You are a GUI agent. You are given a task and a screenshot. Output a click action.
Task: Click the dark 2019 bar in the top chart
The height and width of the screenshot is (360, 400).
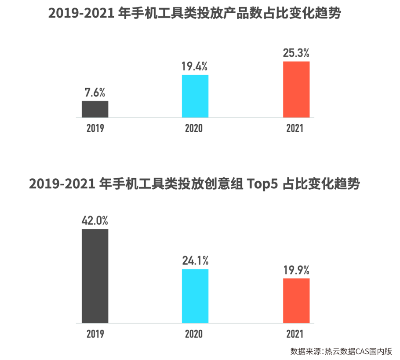95,109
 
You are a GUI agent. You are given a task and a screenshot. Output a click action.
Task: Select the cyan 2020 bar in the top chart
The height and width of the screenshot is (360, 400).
195,96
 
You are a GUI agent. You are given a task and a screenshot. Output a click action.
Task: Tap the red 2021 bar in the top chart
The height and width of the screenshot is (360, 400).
296,89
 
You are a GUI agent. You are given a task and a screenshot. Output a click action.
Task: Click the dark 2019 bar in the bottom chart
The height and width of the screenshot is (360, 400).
95,276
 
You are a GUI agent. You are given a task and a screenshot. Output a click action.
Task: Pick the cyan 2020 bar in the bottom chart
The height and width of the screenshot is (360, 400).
195,296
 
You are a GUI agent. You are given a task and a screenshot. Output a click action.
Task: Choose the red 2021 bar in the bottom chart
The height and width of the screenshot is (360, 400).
296,301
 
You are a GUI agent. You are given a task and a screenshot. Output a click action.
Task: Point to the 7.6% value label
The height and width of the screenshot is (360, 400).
95,93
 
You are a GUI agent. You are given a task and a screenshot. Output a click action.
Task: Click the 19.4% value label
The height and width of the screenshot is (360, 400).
195,67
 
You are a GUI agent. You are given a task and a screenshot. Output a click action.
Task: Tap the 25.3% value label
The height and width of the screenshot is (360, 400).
296,53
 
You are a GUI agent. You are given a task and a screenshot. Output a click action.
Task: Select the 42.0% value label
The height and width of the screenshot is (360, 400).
95,220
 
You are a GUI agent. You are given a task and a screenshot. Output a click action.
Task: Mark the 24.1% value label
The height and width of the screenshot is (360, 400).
195,261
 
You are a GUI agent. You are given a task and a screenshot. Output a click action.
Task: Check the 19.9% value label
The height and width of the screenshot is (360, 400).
296,270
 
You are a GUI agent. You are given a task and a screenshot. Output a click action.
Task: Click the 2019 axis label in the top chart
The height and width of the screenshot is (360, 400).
95,128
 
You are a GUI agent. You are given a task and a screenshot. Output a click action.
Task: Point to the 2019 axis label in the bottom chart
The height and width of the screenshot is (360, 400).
95,334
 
